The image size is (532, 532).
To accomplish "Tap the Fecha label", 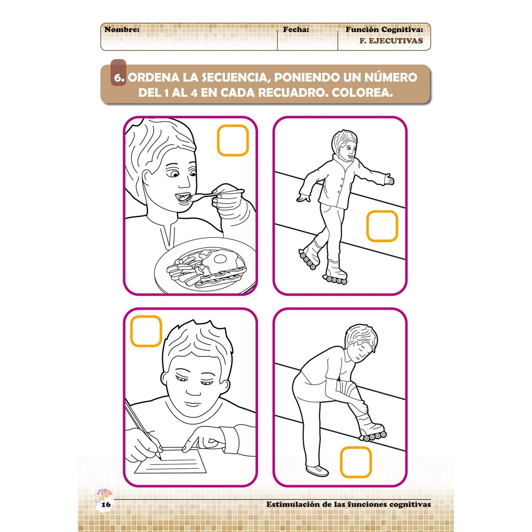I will (296, 30).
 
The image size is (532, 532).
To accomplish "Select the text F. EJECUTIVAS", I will (392, 40).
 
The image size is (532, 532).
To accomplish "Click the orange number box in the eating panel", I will (233, 140).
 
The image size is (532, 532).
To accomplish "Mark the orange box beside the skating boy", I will (382, 226).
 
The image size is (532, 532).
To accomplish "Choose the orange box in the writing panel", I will (146, 331).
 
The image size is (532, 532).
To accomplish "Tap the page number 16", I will (106, 504).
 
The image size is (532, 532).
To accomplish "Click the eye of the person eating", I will (173, 174).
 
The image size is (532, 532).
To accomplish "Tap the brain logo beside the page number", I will (98, 496).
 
